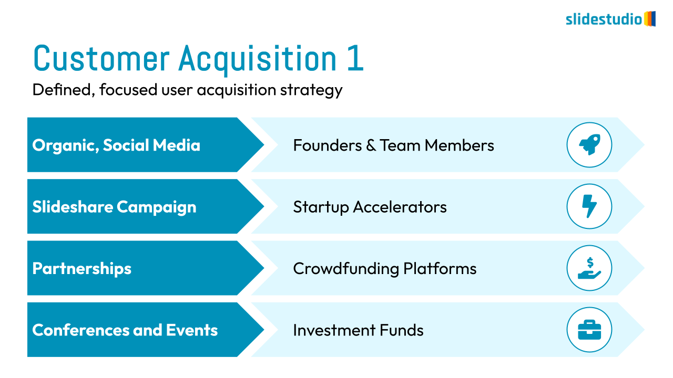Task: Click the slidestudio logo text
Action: pos(604,19)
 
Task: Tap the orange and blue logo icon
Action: pos(650,19)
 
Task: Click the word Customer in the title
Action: pos(101,58)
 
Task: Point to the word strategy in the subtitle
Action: pos(311,90)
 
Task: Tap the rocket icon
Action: pos(589,144)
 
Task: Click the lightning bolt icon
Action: pos(589,206)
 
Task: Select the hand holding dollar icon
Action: pos(589,268)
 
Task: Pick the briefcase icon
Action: pos(589,330)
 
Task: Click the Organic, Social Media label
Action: pos(116,146)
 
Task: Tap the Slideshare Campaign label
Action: pos(115,207)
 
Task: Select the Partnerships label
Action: pos(82,268)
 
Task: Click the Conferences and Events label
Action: pos(125,330)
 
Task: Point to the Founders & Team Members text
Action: pos(394,145)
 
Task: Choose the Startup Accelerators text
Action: pos(370,207)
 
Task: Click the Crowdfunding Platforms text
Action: pos(385,268)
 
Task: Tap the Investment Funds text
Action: pos(358,330)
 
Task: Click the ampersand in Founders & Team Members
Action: pos(371,145)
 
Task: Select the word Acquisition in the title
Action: pos(258,59)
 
